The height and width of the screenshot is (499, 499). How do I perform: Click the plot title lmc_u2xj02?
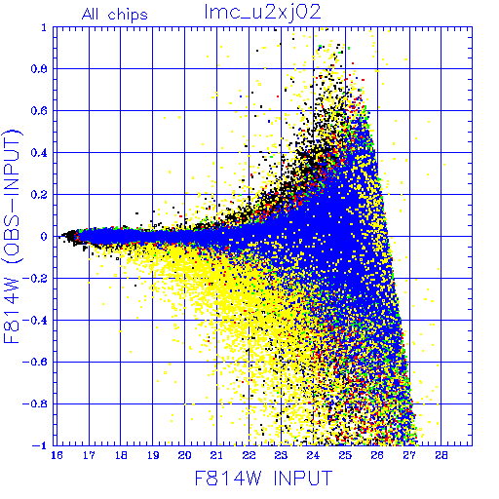(262, 13)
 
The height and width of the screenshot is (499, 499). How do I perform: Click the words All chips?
(115, 15)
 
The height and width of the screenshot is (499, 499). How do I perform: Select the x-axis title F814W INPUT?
(263, 478)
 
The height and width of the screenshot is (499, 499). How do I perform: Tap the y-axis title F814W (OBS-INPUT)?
(12, 236)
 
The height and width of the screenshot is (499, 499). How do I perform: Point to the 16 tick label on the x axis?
(57, 455)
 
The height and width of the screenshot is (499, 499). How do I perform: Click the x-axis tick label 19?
(153, 455)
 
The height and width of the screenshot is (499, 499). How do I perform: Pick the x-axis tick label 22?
(249, 455)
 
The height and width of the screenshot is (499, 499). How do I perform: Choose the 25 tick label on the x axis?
(345, 455)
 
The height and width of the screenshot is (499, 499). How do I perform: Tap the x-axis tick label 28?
(441, 455)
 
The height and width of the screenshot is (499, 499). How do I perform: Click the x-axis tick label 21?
(216, 455)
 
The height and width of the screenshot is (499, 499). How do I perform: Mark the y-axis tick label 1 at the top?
(44, 27)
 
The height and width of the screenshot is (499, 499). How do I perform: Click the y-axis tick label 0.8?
(39, 69)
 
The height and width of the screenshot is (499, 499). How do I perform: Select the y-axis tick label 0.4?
(39, 153)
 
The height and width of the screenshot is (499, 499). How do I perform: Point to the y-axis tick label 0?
(44, 237)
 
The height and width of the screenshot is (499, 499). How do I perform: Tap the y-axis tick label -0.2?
(35, 279)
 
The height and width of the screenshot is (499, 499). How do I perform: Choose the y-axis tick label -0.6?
(35, 362)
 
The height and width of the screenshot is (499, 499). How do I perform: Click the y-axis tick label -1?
(40, 445)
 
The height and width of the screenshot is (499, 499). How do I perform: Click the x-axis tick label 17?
(89, 455)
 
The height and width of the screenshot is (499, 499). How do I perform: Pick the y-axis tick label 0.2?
(39, 195)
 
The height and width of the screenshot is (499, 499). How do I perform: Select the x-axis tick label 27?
(409, 455)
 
